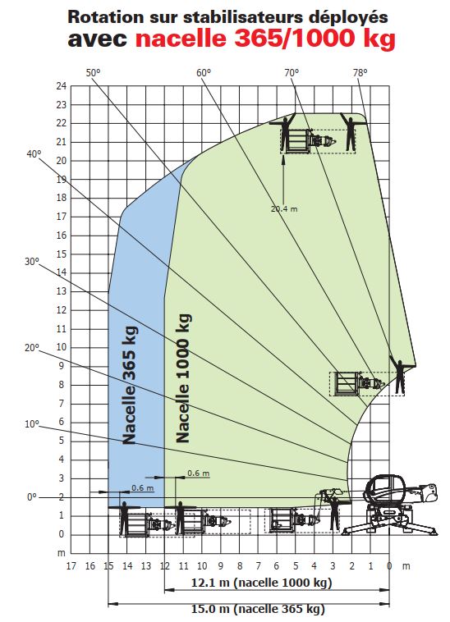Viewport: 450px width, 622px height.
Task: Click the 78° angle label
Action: [x=360, y=72]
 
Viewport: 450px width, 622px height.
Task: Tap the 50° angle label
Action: [x=94, y=72]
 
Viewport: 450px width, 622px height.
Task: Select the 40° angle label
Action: [x=34, y=154]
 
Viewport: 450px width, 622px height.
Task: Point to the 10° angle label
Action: [x=32, y=424]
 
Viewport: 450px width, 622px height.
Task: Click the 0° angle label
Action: [x=32, y=497]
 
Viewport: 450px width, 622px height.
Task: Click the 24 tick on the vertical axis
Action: [x=61, y=86]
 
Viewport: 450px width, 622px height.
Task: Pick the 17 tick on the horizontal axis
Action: [x=71, y=565]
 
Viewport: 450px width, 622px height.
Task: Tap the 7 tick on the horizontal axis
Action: [x=259, y=565]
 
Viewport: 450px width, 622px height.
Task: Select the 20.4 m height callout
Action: [x=284, y=208]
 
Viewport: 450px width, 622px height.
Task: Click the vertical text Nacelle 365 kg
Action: [x=130, y=385]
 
